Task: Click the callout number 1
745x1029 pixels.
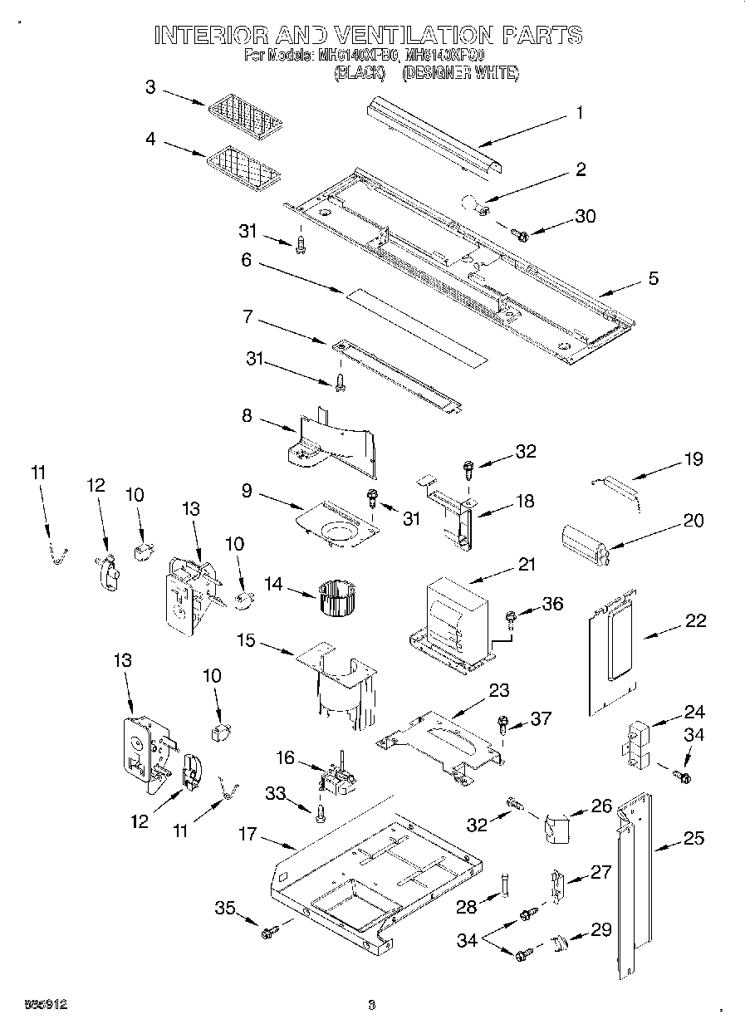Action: [580, 113]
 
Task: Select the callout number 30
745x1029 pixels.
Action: [585, 216]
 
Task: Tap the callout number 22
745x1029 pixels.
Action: [696, 620]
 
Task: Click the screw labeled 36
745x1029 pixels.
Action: [512, 617]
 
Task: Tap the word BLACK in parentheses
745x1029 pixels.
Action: [359, 74]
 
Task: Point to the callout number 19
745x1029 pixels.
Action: [693, 458]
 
